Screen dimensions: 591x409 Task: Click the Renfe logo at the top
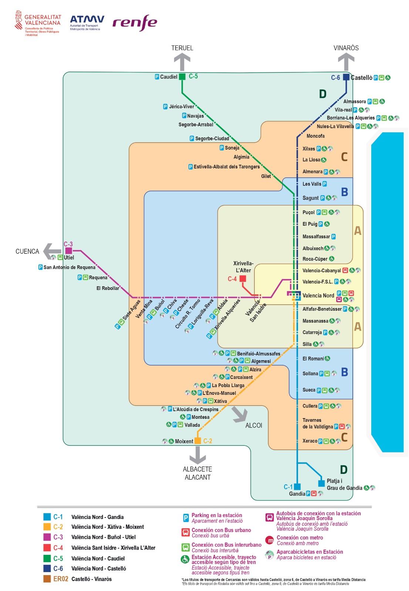135,23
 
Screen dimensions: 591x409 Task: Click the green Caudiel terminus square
182,77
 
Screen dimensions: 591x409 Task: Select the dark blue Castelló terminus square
346,77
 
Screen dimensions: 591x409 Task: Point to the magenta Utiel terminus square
69,251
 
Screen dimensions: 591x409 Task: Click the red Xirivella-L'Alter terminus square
243,279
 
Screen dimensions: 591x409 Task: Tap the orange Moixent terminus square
198,441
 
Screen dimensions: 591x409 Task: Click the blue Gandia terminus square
297,487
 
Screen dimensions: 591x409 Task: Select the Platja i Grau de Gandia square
322,484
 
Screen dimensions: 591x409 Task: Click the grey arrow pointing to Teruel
182,61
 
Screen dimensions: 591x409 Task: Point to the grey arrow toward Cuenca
52,252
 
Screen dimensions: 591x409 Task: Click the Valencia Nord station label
318,295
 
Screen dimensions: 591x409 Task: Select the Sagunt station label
310,198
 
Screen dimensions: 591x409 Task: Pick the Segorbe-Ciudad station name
212,139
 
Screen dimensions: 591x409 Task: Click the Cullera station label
310,406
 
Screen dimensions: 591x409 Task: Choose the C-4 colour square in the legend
47,547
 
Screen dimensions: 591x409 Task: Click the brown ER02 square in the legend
47,579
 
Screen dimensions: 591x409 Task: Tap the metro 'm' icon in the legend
270,540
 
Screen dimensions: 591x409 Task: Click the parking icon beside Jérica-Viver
165,107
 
